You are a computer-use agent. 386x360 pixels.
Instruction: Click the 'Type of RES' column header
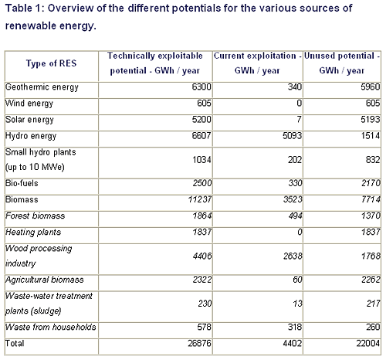point(52,63)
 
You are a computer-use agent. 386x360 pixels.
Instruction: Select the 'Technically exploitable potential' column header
point(155,63)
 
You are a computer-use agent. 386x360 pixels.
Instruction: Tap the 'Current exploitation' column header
point(257,63)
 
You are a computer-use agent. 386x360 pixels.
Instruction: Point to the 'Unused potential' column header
point(342,63)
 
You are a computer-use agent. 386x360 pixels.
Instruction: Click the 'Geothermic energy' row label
point(42,87)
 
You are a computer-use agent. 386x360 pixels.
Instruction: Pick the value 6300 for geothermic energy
point(201,87)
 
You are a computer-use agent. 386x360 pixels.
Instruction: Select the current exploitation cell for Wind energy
point(299,103)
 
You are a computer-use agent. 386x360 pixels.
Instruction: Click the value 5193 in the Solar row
point(371,119)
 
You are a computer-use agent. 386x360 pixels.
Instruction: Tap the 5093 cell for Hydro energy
point(292,135)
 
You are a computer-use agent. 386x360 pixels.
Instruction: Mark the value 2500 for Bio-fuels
point(202,183)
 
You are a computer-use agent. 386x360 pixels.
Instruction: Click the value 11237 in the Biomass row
point(200,199)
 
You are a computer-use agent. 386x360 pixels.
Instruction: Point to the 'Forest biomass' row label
point(36,216)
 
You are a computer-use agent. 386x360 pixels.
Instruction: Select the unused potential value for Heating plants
point(371,232)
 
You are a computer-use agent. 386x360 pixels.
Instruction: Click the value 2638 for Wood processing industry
point(293,256)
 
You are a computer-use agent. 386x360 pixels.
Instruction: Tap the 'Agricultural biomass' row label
point(45,280)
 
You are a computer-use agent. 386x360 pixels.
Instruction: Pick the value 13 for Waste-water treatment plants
point(297,304)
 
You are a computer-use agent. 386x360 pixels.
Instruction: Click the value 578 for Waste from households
point(204,327)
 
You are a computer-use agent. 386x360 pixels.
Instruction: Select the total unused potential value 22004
point(368,343)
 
